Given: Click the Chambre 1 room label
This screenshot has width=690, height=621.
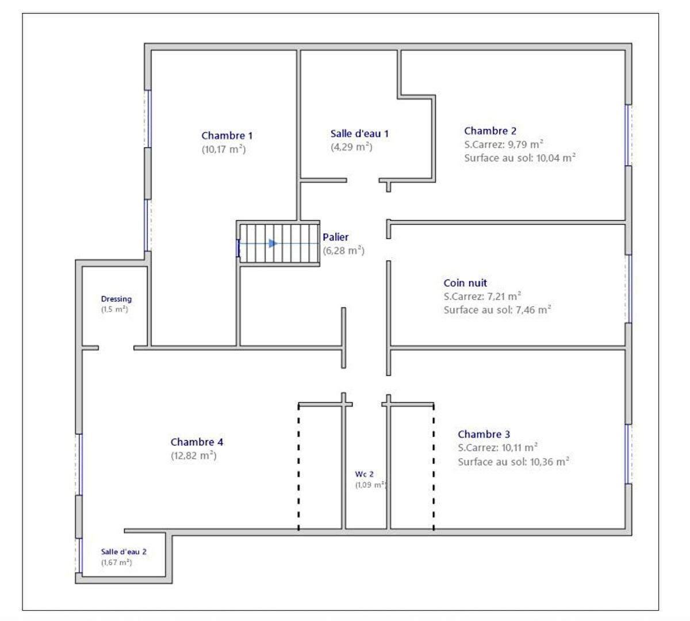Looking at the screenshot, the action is coord(227,136).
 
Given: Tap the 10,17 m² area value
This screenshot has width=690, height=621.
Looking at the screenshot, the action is coord(224,149).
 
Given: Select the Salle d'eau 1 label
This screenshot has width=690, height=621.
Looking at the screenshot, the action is coord(359,133).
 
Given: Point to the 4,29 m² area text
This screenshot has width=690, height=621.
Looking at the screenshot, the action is coord(351,147).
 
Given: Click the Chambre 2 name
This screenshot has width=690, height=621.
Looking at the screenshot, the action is coord(490,131).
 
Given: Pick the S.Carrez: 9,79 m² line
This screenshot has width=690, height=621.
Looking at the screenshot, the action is coord(504,144).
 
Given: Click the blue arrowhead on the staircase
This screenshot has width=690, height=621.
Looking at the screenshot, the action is coord(273,244).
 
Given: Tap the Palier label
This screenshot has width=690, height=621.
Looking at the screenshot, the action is coord(335,237).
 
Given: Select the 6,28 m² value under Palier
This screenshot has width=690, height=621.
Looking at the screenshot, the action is coord(344,251).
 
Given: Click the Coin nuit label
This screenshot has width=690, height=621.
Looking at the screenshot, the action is coord(465,283).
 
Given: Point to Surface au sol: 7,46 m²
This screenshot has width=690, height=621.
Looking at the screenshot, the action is coord(497,310).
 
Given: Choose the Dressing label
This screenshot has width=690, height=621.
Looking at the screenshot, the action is coord(116,299).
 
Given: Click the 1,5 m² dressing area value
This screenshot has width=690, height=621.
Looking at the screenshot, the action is coord(114,309).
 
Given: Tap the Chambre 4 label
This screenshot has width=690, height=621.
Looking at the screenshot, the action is coord(197,442).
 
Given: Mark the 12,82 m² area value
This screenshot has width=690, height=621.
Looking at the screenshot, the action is coord(194,455).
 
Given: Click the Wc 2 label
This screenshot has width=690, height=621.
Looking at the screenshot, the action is coord(364,474).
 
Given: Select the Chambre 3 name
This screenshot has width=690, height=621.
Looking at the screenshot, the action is coord(484,434).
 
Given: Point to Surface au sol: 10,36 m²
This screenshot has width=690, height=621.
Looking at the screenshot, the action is coord(513,462).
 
